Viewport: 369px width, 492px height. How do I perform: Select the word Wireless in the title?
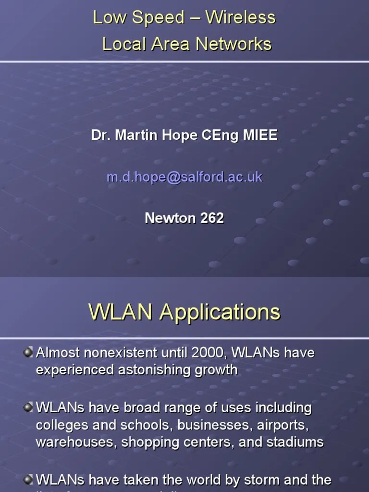point(240,18)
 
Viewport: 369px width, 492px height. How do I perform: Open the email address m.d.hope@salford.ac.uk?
point(184,177)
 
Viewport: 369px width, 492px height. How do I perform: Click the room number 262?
point(212,218)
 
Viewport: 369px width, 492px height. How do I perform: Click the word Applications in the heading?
point(220,312)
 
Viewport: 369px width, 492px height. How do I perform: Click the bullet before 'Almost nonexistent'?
point(28,353)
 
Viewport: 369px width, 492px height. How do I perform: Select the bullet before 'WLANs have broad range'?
point(28,407)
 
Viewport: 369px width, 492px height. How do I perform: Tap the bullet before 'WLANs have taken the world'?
point(28,479)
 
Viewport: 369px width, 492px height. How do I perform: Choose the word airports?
point(283,425)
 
